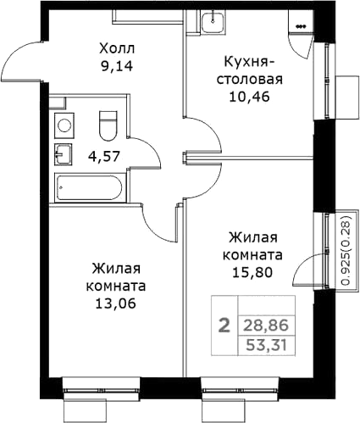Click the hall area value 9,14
point(116,66)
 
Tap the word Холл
point(117,48)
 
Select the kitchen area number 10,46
point(250,97)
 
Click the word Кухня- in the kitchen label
point(248,62)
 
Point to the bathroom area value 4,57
point(104,156)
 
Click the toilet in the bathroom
point(108,125)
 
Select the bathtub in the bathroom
point(89,187)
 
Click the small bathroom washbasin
point(64,154)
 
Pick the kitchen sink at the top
point(213,21)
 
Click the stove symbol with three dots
point(301,26)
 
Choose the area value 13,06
point(116,303)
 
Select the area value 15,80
point(252,272)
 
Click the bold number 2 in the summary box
point(225,326)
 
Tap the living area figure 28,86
point(266,326)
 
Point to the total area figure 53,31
point(266,345)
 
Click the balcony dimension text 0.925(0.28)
point(346,250)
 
